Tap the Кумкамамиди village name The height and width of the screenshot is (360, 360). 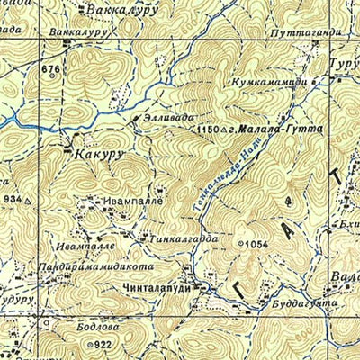[274, 82]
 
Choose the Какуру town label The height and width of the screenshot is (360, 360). [99, 155]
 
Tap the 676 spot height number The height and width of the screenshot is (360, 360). [50, 69]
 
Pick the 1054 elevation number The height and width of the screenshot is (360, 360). [257, 244]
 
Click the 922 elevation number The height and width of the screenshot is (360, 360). [103, 345]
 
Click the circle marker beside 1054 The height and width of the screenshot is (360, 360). [240, 244]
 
